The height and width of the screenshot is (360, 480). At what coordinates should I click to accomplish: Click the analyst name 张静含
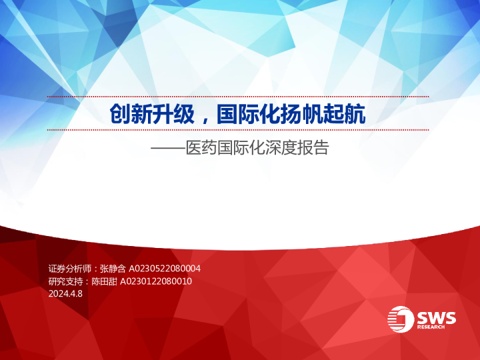(x=113, y=268)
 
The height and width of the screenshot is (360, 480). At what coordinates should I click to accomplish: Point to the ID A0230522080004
(x=165, y=268)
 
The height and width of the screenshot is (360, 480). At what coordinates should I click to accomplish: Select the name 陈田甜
(x=104, y=281)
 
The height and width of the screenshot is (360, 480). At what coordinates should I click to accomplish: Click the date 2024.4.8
(x=65, y=294)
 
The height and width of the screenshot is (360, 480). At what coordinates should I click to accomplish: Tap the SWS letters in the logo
(x=437, y=317)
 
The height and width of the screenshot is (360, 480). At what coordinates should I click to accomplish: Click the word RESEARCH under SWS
(x=437, y=327)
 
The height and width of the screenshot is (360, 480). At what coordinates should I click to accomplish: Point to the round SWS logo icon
(x=402, y=319)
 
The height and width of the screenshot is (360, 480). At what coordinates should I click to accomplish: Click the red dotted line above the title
(x=237, y=97)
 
